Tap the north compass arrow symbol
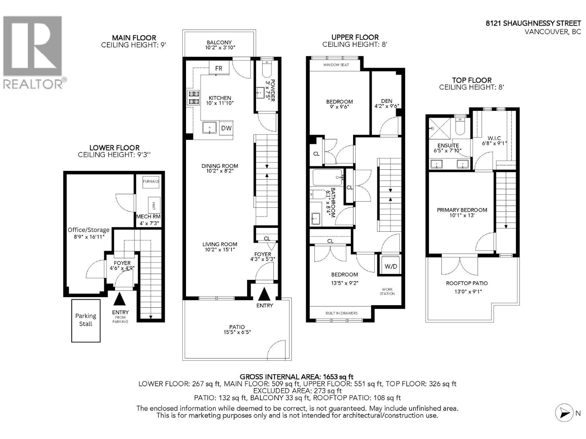coord(564,413)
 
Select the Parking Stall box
coord(86,320)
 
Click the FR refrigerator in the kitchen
coord(219,68)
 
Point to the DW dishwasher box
coord(226,128)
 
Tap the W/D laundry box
coord(391,266)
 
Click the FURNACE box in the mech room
coord(151,181)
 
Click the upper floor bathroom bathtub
coord(327,178)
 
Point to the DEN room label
coord(386,101)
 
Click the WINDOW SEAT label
coord(336,65)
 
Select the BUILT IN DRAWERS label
coord(341,313)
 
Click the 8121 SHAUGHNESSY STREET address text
coord(533,23)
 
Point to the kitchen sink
coord(209,128)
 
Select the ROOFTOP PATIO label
coord(467,283)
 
